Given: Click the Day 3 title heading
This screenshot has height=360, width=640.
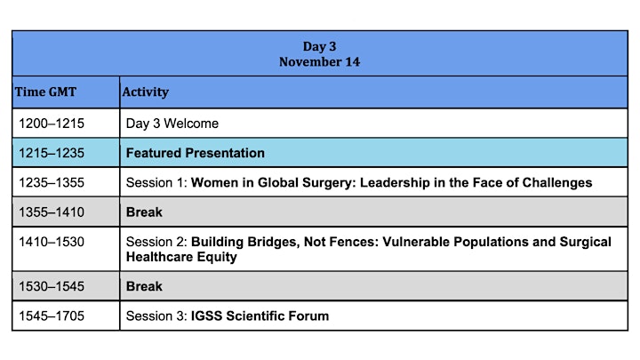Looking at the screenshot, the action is pos(320,46).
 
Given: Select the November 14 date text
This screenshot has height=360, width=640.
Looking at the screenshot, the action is pos(320,62).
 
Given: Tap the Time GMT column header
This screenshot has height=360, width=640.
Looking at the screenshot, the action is pos(45,92).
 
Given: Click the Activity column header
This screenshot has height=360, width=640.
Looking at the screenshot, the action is pos(145,92).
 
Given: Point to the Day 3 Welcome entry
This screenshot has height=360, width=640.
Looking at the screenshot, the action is pos(172,124).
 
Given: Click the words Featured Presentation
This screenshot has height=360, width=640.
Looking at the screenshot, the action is pos(195,153).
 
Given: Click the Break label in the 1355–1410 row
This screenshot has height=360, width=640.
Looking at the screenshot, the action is pos(144,212).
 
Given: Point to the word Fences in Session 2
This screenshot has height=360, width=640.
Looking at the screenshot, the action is pos(353,242).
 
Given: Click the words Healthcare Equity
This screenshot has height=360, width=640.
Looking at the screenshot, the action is pos(181,257).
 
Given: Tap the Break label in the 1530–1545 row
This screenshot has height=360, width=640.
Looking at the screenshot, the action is pos(144,286).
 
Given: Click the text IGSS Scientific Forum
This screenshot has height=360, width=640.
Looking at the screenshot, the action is pos(260,316).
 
